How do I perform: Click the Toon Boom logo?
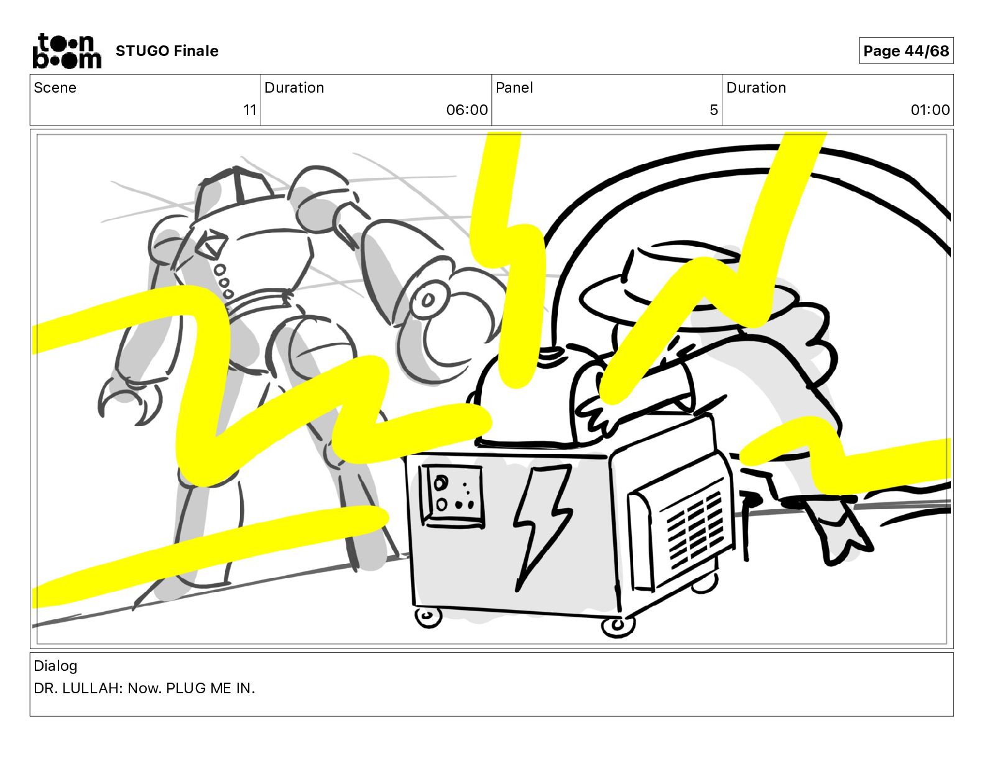pos(67,51)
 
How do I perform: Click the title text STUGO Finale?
pos(167,51)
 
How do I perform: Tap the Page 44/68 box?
pos(906,51)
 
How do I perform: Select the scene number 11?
pos(250,109)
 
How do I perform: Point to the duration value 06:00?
pos(467,109)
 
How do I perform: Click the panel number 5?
pos(714,109)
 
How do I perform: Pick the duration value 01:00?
pos(930,109)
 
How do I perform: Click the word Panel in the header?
pos(514,88)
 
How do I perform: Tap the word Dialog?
pos(55,666)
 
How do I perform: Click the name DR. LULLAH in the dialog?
pos(78,688)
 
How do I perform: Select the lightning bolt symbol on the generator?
pos(542,526)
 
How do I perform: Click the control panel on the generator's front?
pos(452,496)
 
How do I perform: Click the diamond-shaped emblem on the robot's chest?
pos(211,243)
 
